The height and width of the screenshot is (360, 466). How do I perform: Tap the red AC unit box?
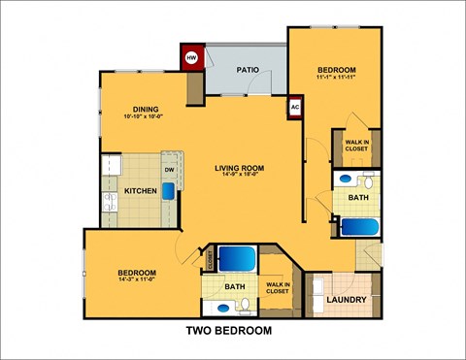click(295, 107)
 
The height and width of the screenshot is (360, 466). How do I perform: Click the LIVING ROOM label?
click(238, 169)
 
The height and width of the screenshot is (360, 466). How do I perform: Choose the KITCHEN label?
click(141, 191)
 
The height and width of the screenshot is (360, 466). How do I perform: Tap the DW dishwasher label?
click(168, 169)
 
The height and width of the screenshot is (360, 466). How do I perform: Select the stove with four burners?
click(109, 204)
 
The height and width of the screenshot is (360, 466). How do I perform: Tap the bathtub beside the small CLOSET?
click(236, 260)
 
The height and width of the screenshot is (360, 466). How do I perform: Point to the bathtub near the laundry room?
click(362, 228)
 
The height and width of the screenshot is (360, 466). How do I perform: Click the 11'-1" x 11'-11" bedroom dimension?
click(337, 80)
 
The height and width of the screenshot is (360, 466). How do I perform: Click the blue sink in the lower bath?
click(223, 307)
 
